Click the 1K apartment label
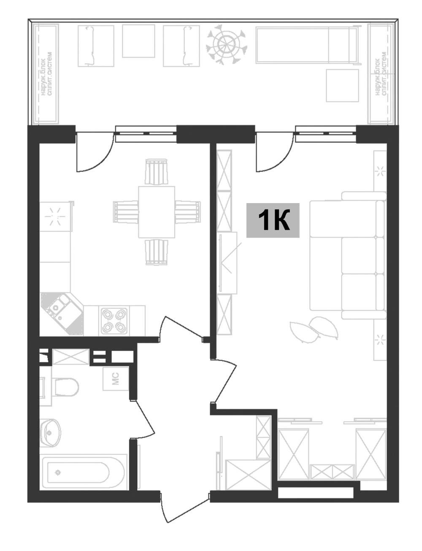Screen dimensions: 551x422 pyautogui.click(x=273, y=220)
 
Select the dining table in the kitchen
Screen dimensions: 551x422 pyautogui.click(x=157, y=212)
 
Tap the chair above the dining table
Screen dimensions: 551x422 pyautogui.click(x=157, y=172)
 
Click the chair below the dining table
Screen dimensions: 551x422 pyautogui.click(x=157, y=252)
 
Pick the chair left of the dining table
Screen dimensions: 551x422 pyautogui.click(x=126, y=212)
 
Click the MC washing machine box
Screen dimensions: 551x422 pyautogui.click(x=116, y=379)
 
